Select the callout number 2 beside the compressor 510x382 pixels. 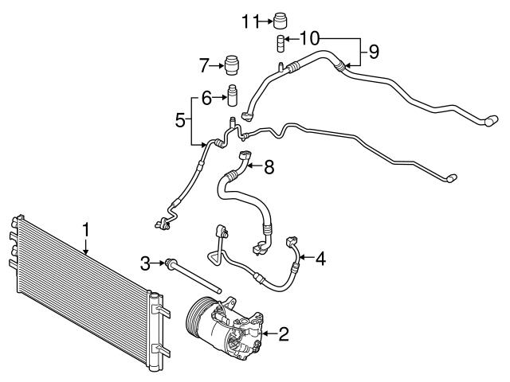coord(283,333)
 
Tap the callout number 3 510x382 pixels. coord(145,262)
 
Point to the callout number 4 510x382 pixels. coord(320,257)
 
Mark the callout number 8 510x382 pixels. coord(269,166)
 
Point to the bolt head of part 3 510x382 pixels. coord(170,262)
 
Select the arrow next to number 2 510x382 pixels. coord(269,333)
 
